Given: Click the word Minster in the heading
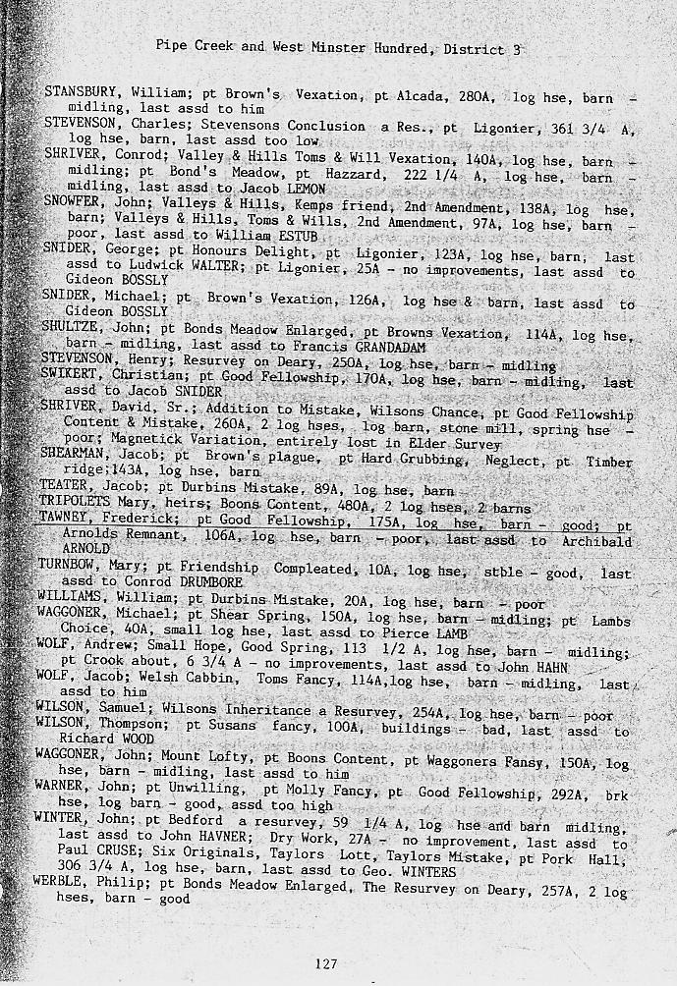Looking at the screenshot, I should point(336,47).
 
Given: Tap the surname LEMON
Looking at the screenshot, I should point(307,188).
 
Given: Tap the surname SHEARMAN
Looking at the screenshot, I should point(77,454).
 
